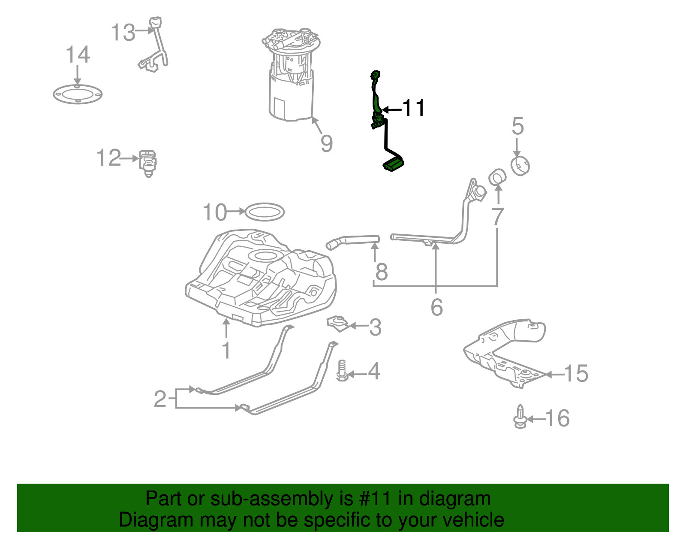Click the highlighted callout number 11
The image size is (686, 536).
tap(413, 108)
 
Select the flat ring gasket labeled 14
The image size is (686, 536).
tap(78, 94)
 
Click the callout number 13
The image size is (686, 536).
tap(123, 33)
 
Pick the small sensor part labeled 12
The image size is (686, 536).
tap(148, 162)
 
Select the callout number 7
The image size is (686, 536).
tap(497, 216)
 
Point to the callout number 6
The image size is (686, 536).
tap(436, 307)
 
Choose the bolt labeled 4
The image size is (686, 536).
tap(342, 371)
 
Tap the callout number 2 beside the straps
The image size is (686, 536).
tap(160, 399)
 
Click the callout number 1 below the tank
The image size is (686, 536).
tap(226, 350)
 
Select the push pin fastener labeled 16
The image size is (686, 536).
tap(520, 417)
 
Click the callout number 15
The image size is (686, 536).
tap(576, 373)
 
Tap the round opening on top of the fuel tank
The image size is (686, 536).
tap(266, 256)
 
